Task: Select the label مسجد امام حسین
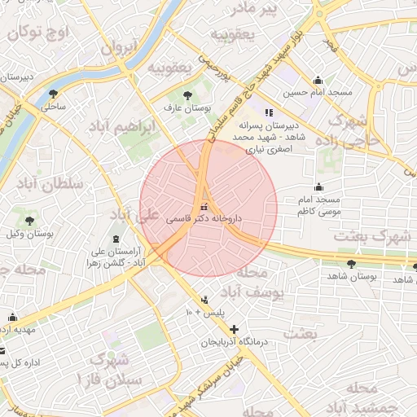pyautogui.click(x=324, y=92)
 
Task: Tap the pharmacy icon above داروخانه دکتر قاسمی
pyautogui.click(x=204, y=206)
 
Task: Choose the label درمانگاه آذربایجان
pyautogui.click(x=235, y=342)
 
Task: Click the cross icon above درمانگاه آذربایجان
pyautogui.click(x=235, y=329)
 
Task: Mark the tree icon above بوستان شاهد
pyautogui.click(x=351, y=263)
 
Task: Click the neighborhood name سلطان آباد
pyautogui.click(x=56, y=184)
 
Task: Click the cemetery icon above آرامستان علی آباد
pyautogui.click(x=115, y=239)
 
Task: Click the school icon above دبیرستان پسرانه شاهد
pyautogui.click(x=269, y=112)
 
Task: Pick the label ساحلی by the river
pyautogui.click(x=54, y=107)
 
